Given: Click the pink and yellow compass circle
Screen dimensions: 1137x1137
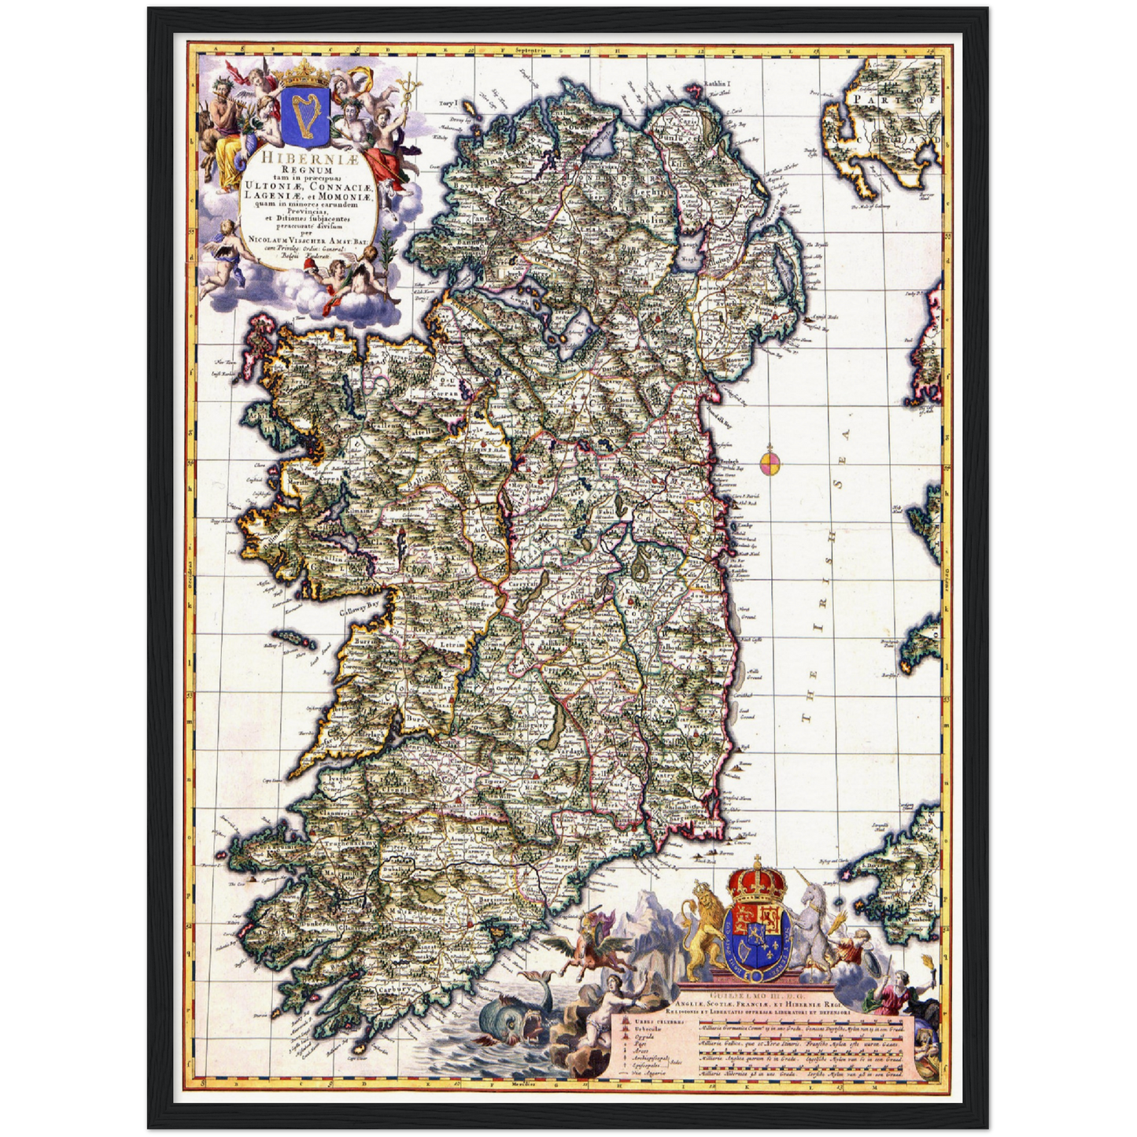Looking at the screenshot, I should point(770,460).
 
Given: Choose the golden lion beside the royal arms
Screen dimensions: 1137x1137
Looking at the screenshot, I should point(703,928).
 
